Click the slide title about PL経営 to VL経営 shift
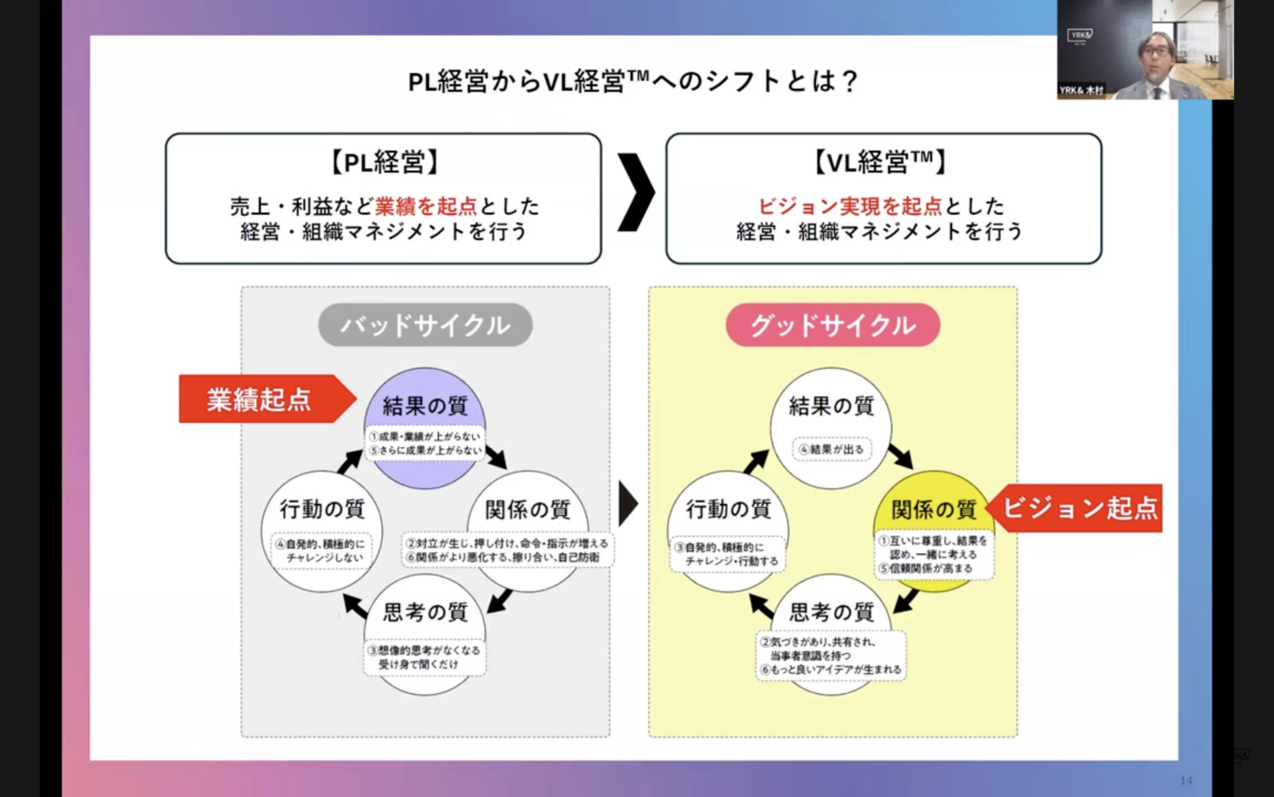pos(633,81)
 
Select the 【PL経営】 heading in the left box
pos(384,161)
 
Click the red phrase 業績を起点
pos(426,206)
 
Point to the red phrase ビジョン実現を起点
pos(850,206)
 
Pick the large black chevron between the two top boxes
pos(634,193)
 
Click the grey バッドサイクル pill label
pos(426,325)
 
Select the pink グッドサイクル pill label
pos(832,325)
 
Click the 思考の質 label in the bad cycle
pos(425,612)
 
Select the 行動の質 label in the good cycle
pos(729,509)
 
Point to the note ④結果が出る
pos(831,449)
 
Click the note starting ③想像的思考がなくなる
pos(425,657)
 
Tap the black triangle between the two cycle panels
pos(628,504)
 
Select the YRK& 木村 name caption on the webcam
pos(1081,90)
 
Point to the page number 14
pos(1186,780)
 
